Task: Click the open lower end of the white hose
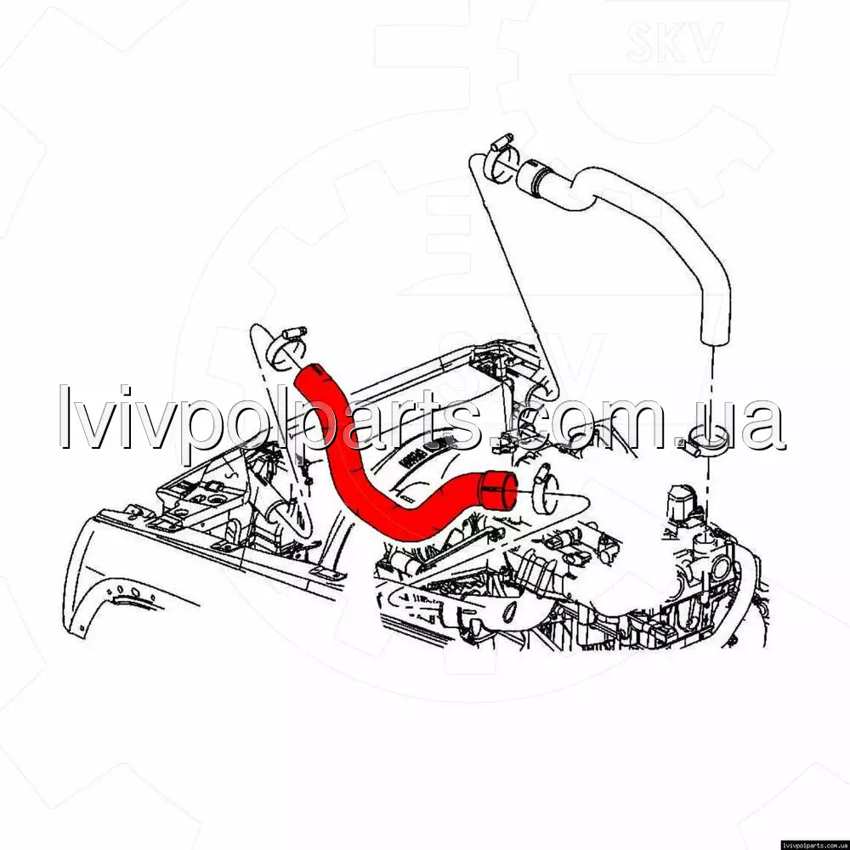pyautogui.click(x=715, y=336)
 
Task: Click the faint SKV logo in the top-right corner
pyautogui.click(x=674, y=41)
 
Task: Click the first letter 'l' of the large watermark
pyautogui.click(x=65, y=416)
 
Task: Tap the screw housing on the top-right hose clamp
pyautogui.click(x=502, y=142)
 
